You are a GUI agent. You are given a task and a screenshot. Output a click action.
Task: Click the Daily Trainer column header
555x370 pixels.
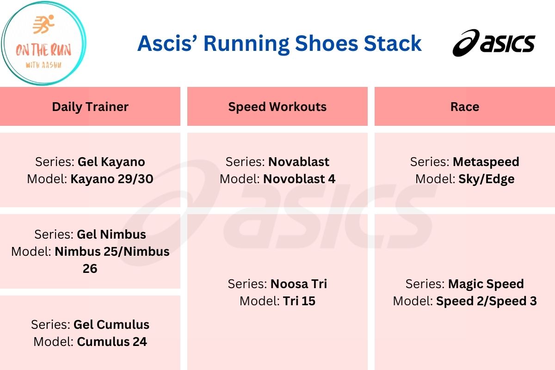90,107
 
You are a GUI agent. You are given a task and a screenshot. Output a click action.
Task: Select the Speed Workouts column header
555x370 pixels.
277,107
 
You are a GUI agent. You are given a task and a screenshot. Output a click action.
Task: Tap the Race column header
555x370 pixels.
464,107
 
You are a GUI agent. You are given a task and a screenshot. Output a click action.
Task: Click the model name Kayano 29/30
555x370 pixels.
111,179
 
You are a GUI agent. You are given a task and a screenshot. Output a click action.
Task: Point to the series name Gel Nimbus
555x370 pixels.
111,234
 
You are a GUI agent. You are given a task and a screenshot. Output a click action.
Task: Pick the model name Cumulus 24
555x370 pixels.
112,342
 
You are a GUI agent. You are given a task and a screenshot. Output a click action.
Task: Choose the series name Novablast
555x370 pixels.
299,162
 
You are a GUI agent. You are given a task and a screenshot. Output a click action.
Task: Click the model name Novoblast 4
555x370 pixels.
299,179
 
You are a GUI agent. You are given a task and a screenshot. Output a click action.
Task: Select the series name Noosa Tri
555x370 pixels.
299,284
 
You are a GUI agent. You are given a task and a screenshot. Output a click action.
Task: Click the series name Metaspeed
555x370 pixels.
486,162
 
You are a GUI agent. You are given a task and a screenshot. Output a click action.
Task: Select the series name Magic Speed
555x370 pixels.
486,284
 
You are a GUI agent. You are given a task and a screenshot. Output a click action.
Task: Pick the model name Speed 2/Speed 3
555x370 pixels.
487,301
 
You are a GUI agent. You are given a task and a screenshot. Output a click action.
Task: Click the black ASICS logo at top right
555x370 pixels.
493,43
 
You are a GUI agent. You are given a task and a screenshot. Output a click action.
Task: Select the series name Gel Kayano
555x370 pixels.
111,162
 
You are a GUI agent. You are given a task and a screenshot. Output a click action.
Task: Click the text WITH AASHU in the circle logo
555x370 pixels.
43,65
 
